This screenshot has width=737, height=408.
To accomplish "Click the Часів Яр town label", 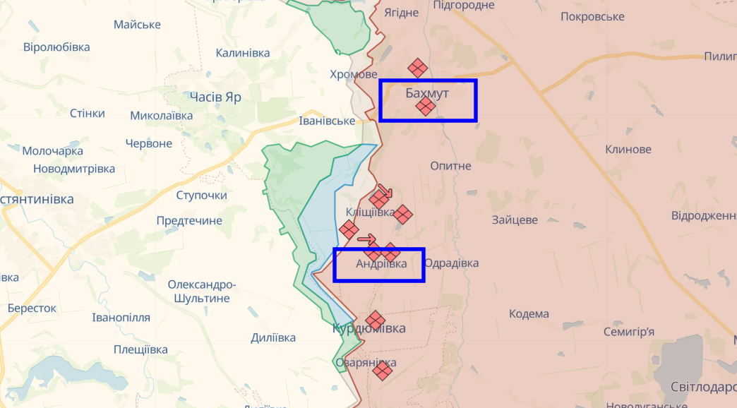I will [215, 97].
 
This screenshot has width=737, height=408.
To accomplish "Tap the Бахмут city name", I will [427, 92].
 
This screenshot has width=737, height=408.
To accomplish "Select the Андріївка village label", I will [381, 263].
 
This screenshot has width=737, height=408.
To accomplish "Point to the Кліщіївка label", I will [370, 212].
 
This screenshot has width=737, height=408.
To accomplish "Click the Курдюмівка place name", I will [369, 328].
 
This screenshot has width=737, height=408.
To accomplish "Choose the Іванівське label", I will [327, 121].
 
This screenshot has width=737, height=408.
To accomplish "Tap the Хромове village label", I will [354, 74].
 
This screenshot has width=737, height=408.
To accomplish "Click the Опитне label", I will [450, 165].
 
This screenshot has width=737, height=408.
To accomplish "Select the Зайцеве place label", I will [515, 220].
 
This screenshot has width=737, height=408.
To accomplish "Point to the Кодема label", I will [529, 314].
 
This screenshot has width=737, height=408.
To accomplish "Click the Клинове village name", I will [628, 149].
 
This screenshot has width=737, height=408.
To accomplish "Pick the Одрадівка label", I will [452, 263].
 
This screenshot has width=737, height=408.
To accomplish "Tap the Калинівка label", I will [243, 53].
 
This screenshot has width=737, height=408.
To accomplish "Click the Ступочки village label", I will [201, 195].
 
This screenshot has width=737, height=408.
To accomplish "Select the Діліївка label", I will [273, 337].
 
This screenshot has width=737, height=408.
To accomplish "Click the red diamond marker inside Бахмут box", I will [425, 106].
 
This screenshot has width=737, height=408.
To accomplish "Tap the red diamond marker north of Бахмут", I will [418, 68].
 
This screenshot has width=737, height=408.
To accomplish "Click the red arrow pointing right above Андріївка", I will [367, 239].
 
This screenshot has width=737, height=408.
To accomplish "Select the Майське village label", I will [137, 25].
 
